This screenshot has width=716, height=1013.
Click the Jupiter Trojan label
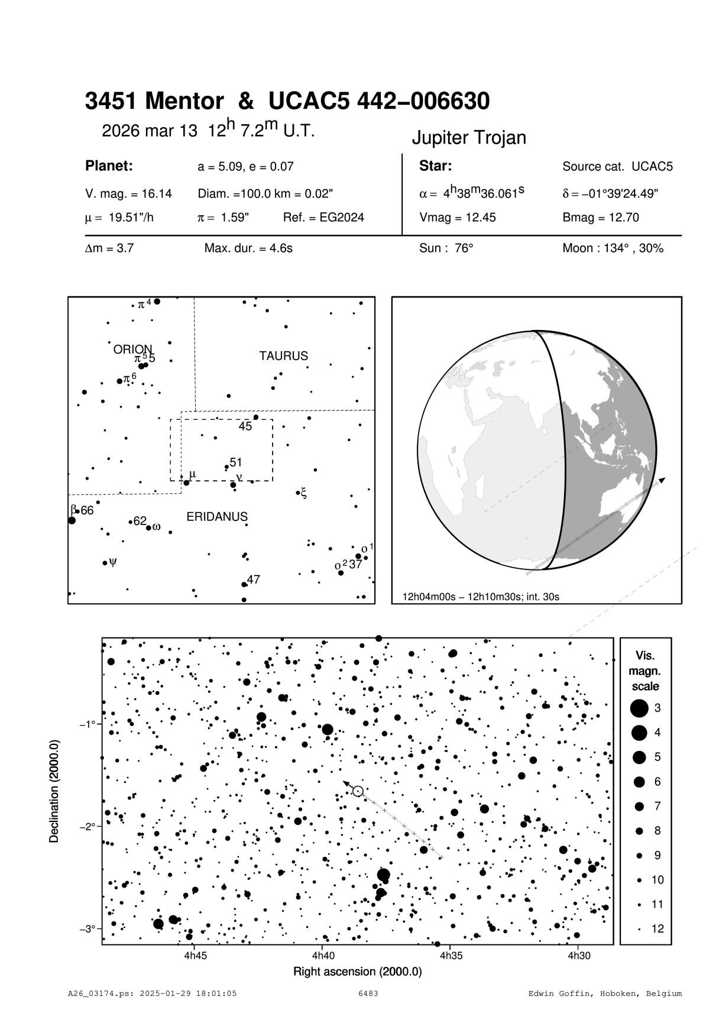point(468,138)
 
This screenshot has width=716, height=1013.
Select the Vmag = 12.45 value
point(457,218)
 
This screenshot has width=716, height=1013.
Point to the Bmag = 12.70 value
point(600,218)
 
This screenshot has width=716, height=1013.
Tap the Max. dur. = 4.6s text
point(248,248)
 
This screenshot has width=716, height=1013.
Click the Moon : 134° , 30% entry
point(613,248)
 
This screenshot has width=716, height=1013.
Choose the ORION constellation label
point(132,349)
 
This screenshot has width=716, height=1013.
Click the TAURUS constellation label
point(283,356)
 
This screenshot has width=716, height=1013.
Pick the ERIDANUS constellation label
point(217,517)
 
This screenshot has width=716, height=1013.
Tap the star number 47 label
point(254,580)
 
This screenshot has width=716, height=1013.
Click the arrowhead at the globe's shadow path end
point(662,480)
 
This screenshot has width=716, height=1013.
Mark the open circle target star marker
point(357,791)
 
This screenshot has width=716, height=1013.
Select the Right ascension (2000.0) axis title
point(357,972)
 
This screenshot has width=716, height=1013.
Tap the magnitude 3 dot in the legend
point(639,708)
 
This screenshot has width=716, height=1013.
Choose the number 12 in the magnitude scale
point(657,929)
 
